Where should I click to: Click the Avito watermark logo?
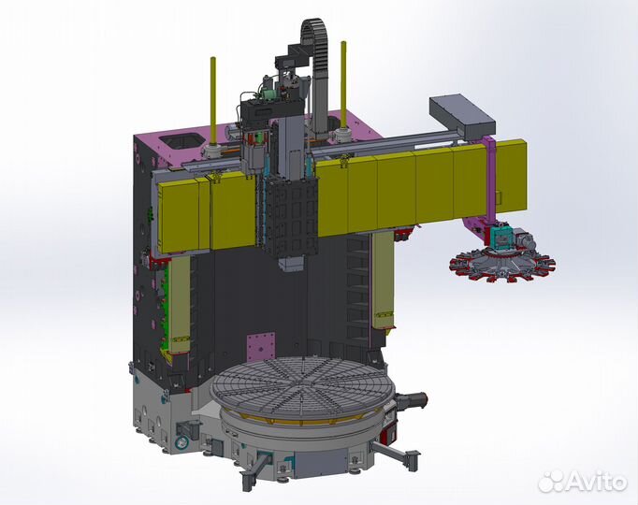coord(582,482)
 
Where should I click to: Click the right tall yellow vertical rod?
coord(344,84)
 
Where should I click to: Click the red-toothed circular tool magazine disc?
coord(502,266)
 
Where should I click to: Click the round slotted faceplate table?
coord(302,386)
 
